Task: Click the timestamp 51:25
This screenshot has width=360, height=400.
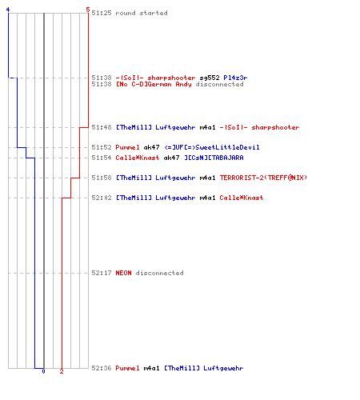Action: coord(102,13)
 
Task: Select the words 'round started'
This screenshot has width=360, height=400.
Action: coord(142,13)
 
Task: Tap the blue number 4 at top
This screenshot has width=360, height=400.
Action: coord(8,10)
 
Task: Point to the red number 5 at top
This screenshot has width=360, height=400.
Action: coord(88,10)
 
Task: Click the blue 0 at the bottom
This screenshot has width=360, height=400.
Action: coord(43,371)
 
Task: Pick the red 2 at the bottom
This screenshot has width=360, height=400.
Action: coord(62,371)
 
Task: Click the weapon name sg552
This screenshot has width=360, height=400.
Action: coord(210,78)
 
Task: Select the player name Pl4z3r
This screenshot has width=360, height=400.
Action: coord(235,78)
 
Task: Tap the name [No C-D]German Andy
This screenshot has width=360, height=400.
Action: coord(154,84)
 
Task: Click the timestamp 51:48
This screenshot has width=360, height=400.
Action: coord(102,127)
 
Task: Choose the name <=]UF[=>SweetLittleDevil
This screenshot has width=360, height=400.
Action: coord(212,147)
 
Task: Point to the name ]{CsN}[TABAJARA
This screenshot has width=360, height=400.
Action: coord(214,158)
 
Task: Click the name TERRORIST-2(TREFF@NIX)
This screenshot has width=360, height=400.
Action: coord(263,178)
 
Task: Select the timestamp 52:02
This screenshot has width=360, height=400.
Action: coord(102,198)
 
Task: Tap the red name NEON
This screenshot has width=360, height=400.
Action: coord(123,273)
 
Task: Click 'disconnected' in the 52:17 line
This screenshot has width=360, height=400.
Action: coord(159,273)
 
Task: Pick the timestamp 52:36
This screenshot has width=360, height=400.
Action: coord(102,368)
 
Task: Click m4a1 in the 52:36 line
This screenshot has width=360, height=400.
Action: coord(151,368)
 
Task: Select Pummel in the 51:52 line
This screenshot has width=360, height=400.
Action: coord(127,147)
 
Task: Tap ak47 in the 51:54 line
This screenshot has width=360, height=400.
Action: coord(171,158)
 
